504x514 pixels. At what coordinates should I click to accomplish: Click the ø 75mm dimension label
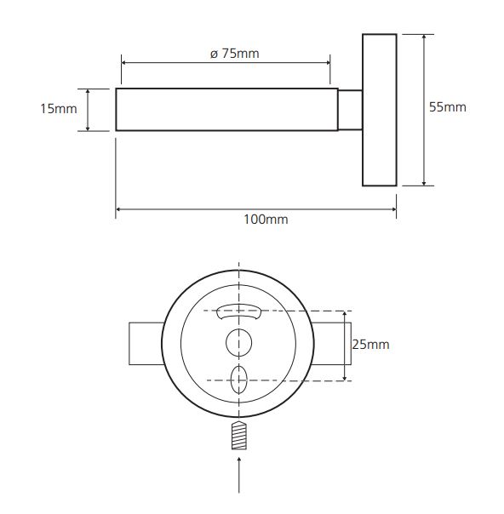234,54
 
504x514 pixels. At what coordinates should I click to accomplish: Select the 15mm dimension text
59,109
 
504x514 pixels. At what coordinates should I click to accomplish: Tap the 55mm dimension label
448,107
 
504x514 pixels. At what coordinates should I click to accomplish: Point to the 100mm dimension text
266,220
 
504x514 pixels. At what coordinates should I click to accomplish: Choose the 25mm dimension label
371,345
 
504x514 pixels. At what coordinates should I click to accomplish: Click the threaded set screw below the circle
239,436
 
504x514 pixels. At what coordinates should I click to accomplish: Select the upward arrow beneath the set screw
239,475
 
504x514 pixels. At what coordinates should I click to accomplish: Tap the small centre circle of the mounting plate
239,343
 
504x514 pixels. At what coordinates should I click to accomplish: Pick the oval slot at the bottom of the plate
239,380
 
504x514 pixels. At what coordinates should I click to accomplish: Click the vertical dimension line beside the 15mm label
88,110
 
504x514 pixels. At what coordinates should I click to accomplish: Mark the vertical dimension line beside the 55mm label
424,110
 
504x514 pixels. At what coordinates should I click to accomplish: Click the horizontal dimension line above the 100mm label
256,209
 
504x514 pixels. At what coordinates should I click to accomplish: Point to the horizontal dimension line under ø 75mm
226,63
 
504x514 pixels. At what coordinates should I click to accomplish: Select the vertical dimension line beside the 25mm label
345,346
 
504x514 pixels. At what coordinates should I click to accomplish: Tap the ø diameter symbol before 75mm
215,54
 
